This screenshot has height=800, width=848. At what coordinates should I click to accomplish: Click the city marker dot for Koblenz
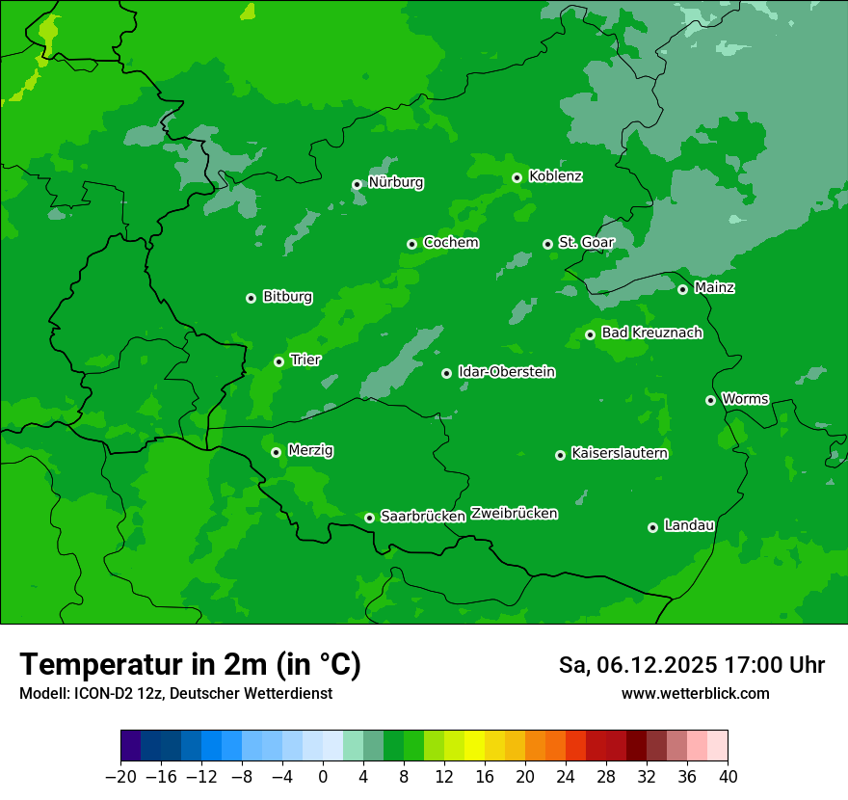click(x=517, y=177)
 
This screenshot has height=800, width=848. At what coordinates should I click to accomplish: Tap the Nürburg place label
click(x=395, y=182)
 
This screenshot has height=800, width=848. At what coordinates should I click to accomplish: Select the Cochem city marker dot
click(x=411, y=244)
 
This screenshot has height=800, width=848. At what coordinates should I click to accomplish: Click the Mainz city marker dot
click(x=682, y=289)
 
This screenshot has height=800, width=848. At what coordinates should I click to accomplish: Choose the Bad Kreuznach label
click(x=651, y=333)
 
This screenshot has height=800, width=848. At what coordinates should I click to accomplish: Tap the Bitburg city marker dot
click(x=251, y=298)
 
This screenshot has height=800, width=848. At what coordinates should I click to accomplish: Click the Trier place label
click(x=305, y=360)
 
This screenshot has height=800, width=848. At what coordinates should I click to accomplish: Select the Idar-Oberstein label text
click(x=506, y=371)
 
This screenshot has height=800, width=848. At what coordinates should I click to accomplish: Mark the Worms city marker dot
click(x=710, y=400)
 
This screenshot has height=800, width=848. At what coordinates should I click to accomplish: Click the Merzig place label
click(x=311, y=450)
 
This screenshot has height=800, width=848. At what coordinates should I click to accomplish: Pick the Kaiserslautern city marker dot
click(x=560, y=455)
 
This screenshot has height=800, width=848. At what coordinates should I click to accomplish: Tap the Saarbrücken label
click(x=423, y=517)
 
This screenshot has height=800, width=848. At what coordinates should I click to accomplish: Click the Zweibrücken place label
click(x=514, y=514)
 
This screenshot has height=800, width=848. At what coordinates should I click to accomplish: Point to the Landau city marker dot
click(x=652, y=527)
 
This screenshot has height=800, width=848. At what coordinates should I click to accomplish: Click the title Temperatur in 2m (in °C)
click(x=190, y=664)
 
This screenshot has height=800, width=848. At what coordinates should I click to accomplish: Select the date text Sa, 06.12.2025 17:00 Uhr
click(x=691, y=665)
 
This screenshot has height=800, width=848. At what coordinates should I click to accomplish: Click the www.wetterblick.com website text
click(x=695, y=693)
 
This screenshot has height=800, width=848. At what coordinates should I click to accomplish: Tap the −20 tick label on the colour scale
click(x=120, y=777)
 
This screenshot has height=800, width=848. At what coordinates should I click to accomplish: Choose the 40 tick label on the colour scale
click(x=728, y=777)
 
